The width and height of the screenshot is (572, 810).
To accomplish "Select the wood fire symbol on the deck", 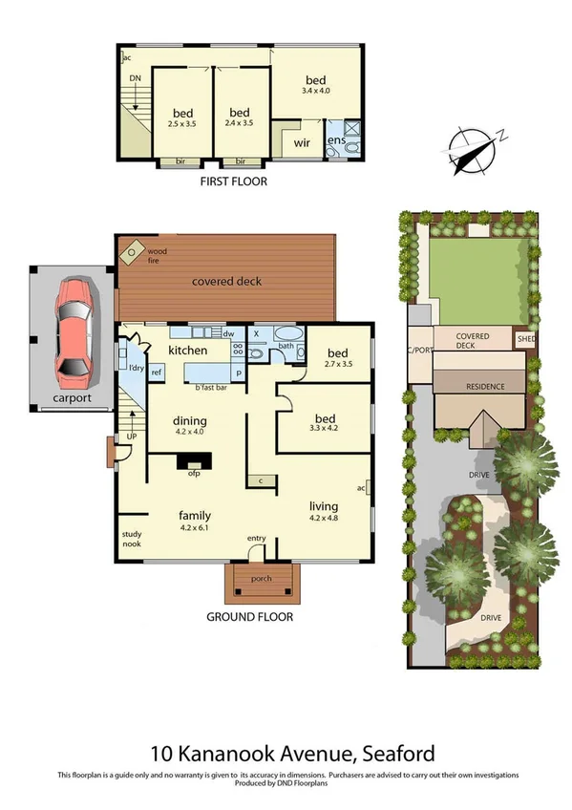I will tap(130, 251).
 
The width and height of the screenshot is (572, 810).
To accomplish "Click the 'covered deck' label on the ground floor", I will tap(226, 282).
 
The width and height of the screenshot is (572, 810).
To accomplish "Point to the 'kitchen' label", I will tap(188, 352).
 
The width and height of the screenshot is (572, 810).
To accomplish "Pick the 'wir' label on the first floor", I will tap(302, 143).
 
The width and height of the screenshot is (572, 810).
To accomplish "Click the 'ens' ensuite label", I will tap(335, 141).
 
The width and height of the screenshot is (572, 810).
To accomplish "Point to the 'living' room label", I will tap(325, 506).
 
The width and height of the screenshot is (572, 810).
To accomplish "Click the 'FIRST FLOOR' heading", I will tap(233, 181).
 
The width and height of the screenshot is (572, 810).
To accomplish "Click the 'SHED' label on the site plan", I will tap(526, 338).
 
